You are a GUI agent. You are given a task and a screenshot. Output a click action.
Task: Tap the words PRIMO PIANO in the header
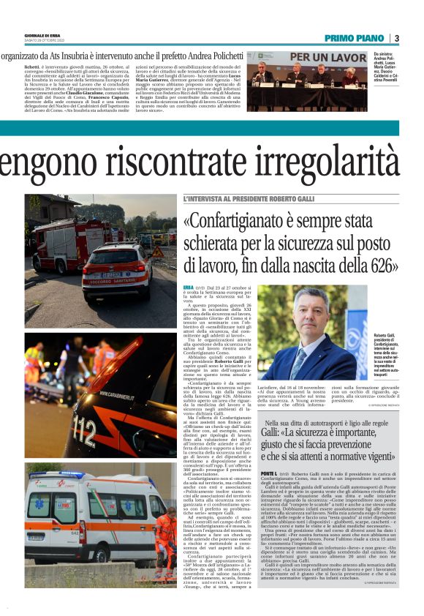click(353, 38)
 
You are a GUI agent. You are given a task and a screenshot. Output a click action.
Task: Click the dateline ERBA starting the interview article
click(189, 288)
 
